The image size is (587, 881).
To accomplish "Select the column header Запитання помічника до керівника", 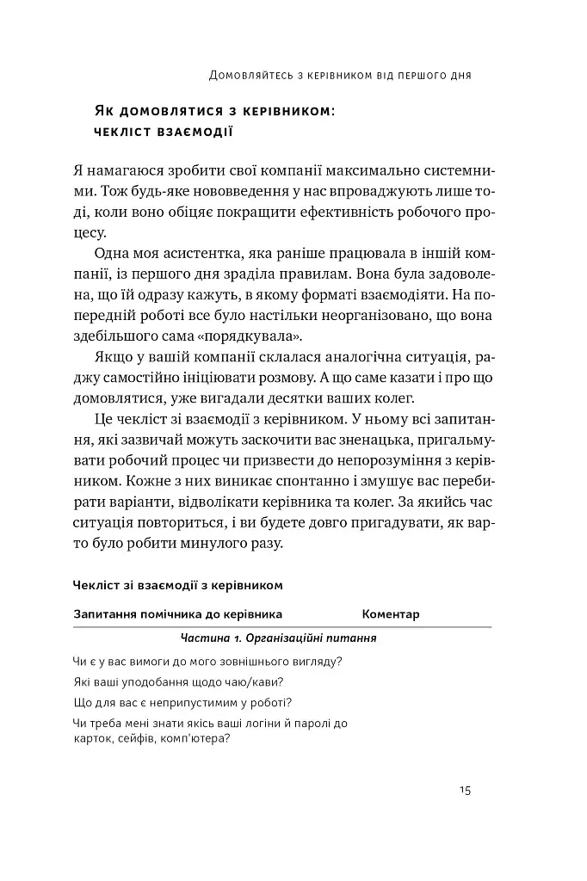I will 178,614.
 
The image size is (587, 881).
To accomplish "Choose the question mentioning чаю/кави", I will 179,681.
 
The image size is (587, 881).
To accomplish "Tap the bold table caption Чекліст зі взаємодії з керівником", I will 178,584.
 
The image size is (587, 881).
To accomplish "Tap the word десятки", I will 278,397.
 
